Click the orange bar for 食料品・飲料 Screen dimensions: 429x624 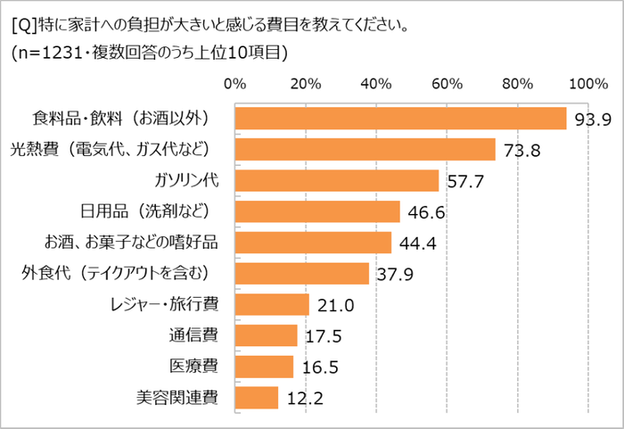[x=400, y=119]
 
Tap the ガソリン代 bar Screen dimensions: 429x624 [x=336, y=181]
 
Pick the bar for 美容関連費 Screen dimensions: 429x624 [x=257, y=397]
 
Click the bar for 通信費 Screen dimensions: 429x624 [x=266, y=335]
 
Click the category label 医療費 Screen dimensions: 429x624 [x=193, y=366]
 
